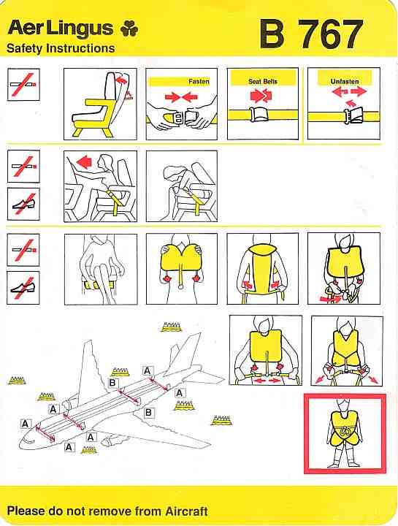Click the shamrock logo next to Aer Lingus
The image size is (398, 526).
click(x=129, y=28)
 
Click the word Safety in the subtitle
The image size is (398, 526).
click(x=25, y=48)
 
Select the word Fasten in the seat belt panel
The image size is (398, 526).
click(x=199, y=82)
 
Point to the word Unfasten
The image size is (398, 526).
click(x=345, y=82)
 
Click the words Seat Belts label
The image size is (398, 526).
click(x=263, y=81)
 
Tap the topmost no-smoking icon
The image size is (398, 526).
click(x=23, y=85)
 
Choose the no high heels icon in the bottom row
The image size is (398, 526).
click(x=23, y=288)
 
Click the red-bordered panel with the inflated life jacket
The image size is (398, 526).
click(x=345, y=433)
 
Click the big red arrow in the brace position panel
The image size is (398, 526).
click(x=84, y=161)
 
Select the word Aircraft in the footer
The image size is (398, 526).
click(x=186, y=511)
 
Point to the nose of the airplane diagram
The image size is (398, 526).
click(x=22, y=443)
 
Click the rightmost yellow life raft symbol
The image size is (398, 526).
click(x=221, y=420)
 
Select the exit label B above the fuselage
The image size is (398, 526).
click(x=112, y=382)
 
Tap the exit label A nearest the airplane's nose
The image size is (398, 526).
click(x=25, y=423)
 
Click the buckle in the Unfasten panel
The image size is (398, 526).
click(x=353, y=115)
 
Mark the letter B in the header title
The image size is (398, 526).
click(x=272, y=34)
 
